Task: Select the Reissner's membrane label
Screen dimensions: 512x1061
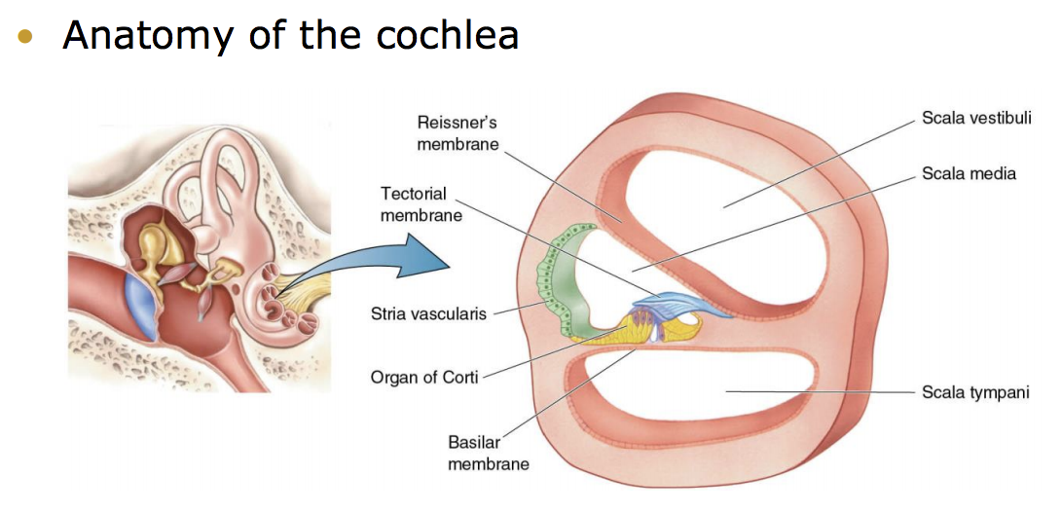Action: (x=457, y=133)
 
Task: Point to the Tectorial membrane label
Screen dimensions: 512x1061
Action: (x=421, y=203)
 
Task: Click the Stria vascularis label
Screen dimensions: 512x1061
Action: (x=427, y=313)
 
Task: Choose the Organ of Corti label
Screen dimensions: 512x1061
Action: (x=424, y=377)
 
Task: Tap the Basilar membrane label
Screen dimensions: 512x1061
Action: (x=488, y=453)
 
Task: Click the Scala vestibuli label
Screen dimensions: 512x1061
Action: (x=975, y=118)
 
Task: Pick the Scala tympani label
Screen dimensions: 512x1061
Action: (x=974, y=392)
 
